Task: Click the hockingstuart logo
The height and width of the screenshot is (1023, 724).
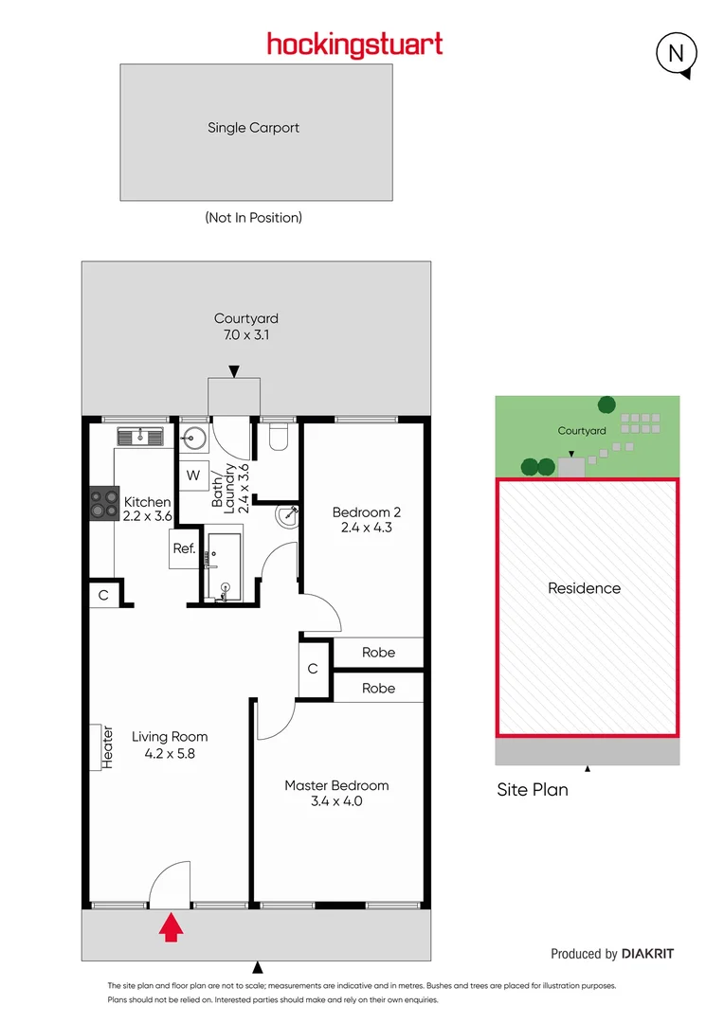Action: (x=354, y=45)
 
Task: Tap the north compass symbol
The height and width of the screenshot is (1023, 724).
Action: (x=677, y=54)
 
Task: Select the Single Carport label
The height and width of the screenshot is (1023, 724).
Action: (x=253, y=127)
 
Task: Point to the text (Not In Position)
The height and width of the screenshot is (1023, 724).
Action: (x=253, y=217)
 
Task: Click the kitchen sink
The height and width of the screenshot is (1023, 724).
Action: (x=140, y=436)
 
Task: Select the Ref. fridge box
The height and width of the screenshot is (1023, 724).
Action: (x=183, y=548)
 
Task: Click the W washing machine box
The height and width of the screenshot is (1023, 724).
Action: (x=193, y=476)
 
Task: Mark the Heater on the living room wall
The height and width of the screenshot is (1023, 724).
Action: (x=102, y=745)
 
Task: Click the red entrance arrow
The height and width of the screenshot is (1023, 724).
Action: (x=171, y=926)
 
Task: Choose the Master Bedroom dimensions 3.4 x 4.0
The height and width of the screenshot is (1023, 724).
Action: (x=336, y=800)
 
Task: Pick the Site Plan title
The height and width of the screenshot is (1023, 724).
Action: (x=533, y=789)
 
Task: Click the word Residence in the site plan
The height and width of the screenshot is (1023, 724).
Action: (x=584, y=588)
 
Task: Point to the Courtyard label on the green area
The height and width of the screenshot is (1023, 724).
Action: (x=582, y=430)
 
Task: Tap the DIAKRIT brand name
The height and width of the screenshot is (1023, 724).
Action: (x=648, y=954)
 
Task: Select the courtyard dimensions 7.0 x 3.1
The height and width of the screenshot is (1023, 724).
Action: (x=246, y=334)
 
